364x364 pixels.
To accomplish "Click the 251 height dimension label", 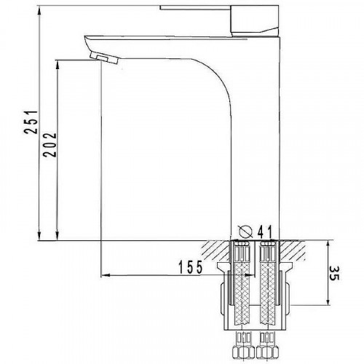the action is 31,122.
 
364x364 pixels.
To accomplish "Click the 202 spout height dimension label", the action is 50,145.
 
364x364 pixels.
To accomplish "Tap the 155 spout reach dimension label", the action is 190,267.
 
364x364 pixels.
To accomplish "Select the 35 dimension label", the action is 333,274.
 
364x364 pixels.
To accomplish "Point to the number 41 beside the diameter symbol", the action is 265,232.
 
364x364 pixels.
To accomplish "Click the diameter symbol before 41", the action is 245,232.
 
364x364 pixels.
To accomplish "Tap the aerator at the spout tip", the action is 104,58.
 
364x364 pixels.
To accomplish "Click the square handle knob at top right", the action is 254,20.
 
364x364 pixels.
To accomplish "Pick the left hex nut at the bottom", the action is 243,355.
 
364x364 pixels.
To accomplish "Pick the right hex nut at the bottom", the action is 267,355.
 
